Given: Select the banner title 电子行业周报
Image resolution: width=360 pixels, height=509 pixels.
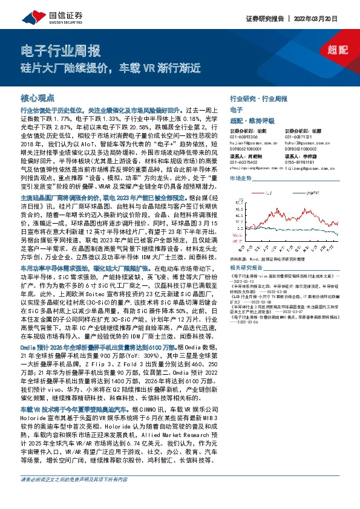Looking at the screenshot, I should (x=61, y=50).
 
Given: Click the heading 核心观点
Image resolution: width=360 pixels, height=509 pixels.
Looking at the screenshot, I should (x=38, y=98).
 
